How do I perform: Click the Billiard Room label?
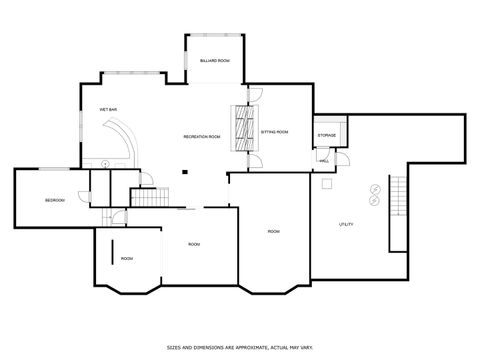coord(214,61)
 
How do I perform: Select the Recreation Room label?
coord(201,135)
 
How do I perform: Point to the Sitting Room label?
coord(274,131)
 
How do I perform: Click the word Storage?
coord(327,134)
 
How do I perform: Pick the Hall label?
coord(325,160)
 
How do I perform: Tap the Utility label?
coord(346,223)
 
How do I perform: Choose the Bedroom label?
coord(54,201)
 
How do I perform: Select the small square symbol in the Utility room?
coord(325,183)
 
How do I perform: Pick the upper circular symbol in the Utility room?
coord(375,187)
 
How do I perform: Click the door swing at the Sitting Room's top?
coord(256,95)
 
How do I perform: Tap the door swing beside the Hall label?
coord(340,158)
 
